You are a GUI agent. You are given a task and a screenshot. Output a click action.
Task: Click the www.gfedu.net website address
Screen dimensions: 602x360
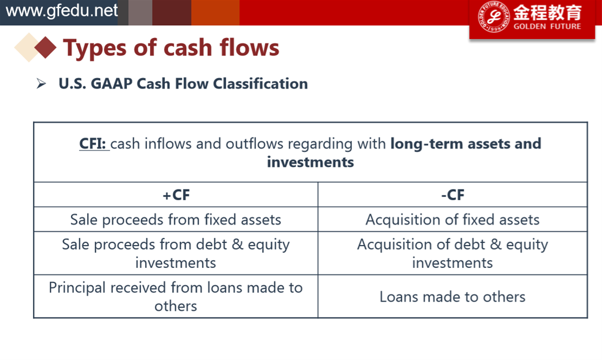pyautogui.click(x=61, y=11)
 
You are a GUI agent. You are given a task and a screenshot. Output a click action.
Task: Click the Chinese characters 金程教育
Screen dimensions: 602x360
pyautogui.click(x=547, y=12)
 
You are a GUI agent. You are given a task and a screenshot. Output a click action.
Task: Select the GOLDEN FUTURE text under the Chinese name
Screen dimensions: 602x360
pyautogui.click(x=547, y=27)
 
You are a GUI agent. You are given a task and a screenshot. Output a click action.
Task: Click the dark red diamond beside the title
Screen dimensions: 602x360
pyautogui.click(x=45, y=48)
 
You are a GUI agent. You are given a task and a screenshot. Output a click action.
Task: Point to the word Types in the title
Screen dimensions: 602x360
pyautogui.click(x=95, y=49)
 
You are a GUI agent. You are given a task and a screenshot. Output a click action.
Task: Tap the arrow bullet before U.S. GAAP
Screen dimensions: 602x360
pyautogui.click(x=41, y=83)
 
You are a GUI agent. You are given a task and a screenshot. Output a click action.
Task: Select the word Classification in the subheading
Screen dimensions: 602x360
pyautogui.click(x=260, y=84)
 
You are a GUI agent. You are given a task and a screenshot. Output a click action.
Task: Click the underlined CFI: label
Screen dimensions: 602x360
pyautogui.click(x=93, y=143)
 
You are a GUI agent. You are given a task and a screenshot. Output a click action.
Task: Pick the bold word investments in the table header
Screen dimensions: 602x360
pyautogui.click(x=310, y=162)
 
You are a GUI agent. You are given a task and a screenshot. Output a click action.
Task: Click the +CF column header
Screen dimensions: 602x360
pyautogui.click(x=176, y=195)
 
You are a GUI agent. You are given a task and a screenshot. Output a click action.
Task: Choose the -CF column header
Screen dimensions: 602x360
pyautogui.click(x=453, y=195)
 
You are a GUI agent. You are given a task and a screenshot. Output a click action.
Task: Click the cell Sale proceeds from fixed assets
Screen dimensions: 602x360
pyautogui.click(x=176, y=220)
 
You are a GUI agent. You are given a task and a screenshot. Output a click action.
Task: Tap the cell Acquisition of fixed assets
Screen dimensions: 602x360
pyautogui.click(x=453, y=220)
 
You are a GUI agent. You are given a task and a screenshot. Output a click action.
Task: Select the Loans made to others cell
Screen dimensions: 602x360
pyautogui.click(x=453, y=297)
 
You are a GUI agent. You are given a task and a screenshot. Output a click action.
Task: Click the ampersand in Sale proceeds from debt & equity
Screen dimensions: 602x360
pyautogui.click(x=238, y=245)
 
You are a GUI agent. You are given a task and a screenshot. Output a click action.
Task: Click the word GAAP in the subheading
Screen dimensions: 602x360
pyautogui.click(x=112, y=84)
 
